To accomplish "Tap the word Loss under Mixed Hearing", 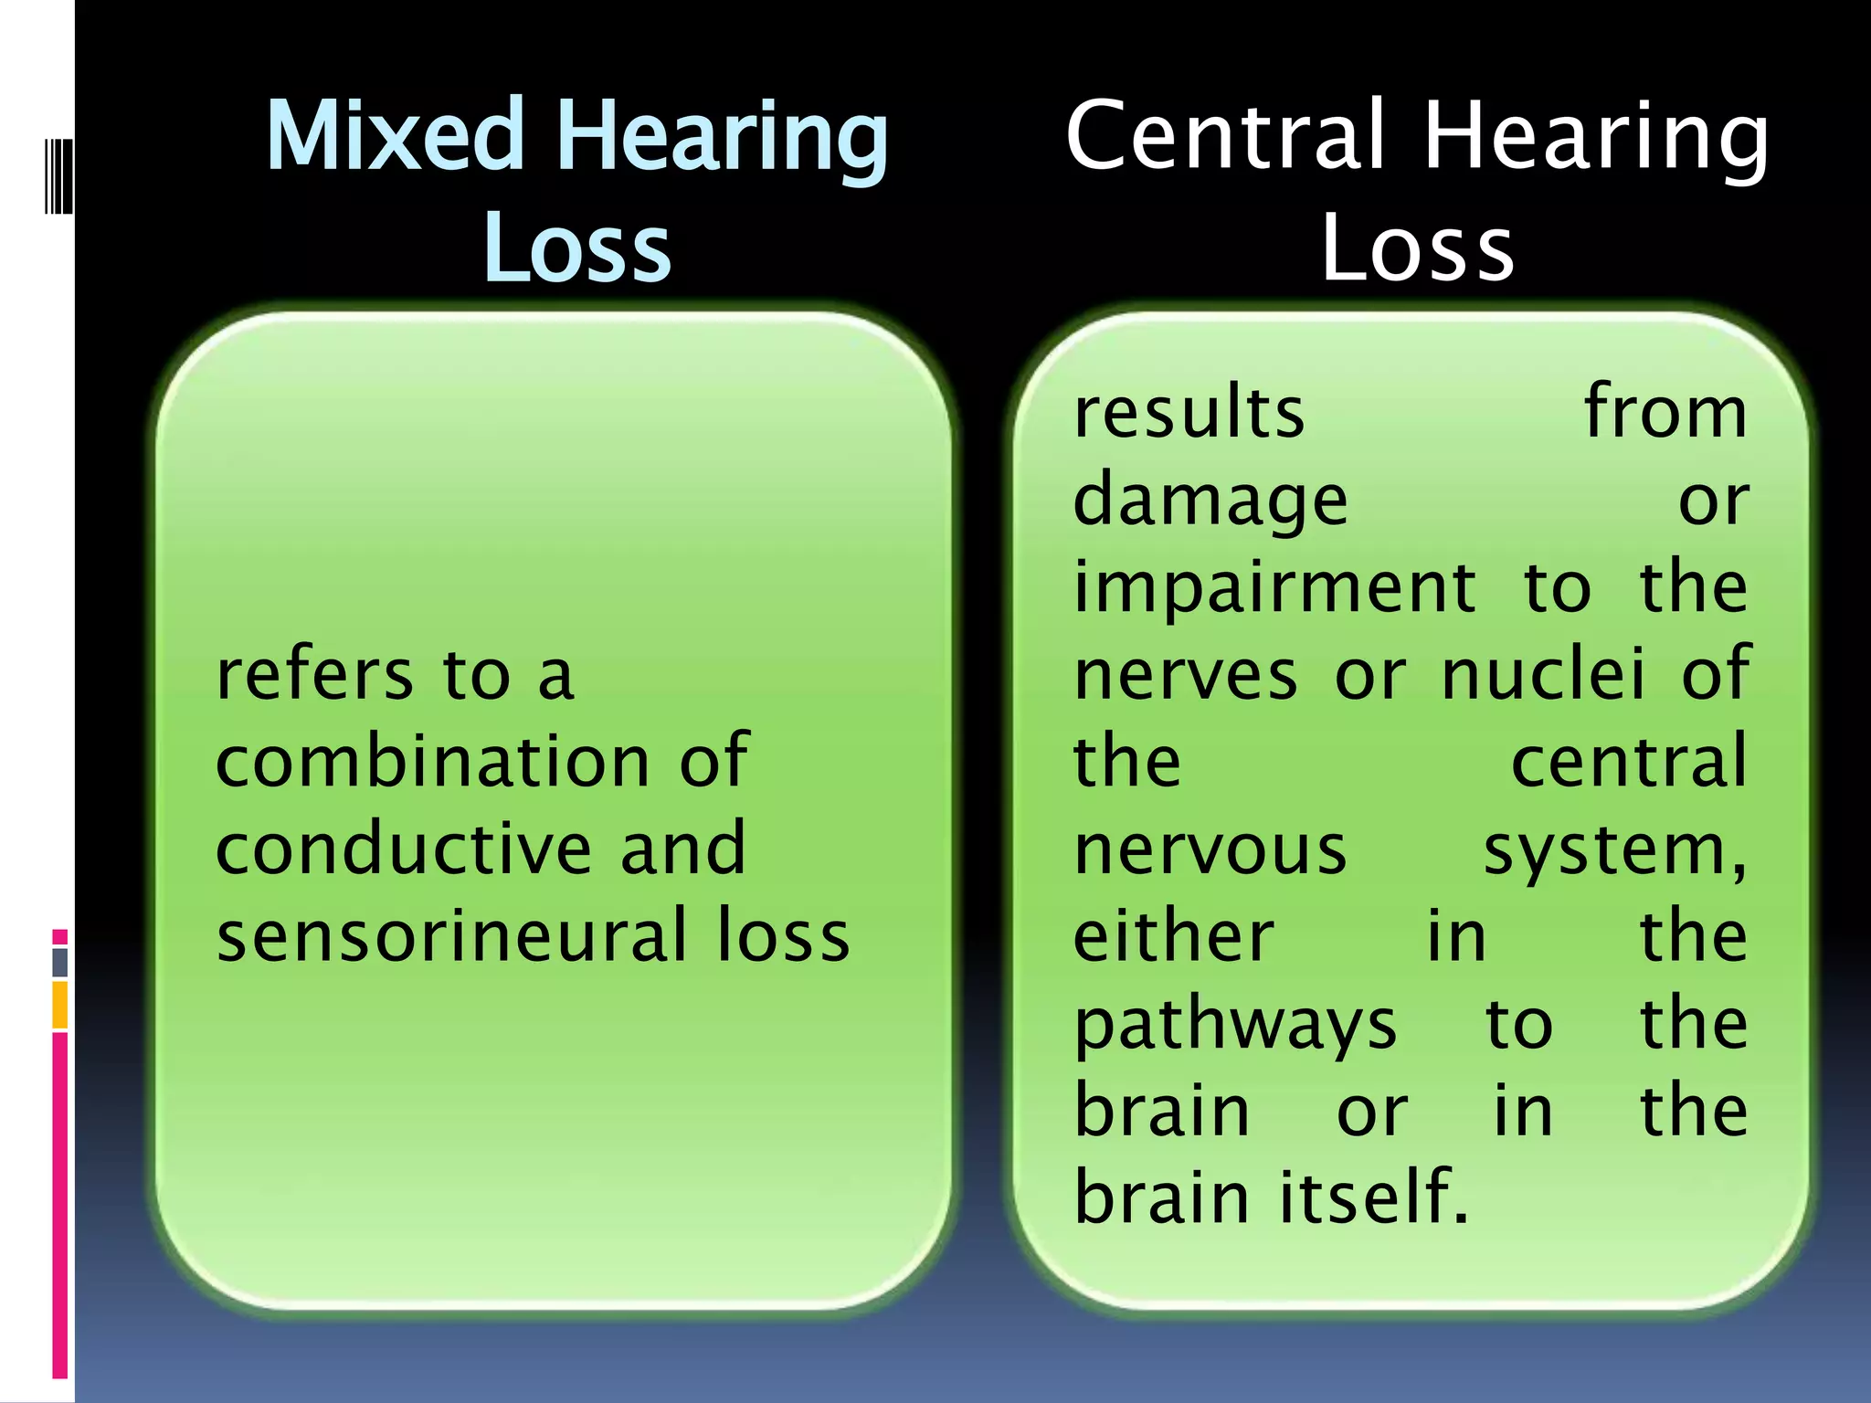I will tap(577, 247).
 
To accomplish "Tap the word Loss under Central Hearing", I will tap(1418, 247).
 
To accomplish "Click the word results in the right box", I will tap(1189, 413).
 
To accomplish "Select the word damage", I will tap(1210, 502).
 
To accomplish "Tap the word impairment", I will tap(1274, 588).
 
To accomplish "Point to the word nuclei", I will tap(1543, 674).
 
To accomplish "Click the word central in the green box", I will tap(1629, 762).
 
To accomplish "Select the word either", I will tap(1173, 935).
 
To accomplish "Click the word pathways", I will tap(1235, 1025).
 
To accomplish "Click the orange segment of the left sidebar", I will tap(60, 1005).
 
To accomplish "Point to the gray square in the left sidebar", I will tap(60, 962).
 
